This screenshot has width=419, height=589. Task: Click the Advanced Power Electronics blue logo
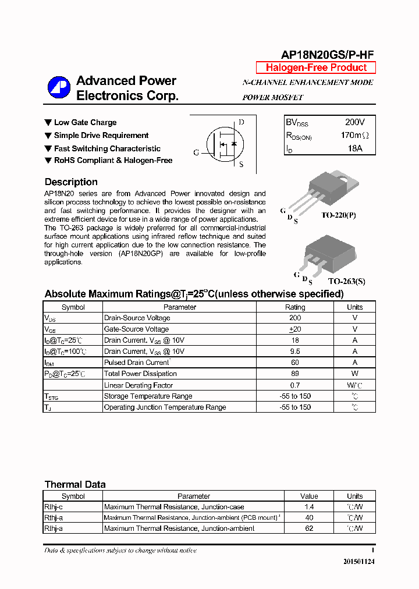pos(59,88)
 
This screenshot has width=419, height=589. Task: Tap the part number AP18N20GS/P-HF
pos(327,55)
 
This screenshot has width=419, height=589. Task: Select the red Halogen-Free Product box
pos(316,68)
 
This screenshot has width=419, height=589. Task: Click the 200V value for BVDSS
pos(354,123)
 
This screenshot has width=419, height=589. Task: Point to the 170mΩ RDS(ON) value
pos(354,136)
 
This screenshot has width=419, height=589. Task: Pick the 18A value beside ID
pos(354,148)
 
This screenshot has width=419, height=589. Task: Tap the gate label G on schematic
pos(196,152)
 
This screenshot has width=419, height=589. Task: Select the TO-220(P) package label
pos(338,215)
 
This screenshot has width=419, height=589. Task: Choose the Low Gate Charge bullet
pos(85,123)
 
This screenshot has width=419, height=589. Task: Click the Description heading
pos(71,182)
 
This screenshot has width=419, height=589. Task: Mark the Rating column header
pos(295,307)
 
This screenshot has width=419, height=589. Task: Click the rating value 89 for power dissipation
pos(295,374)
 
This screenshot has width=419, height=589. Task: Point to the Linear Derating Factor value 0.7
pos(295,385)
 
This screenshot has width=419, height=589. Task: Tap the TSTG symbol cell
pos(52,396)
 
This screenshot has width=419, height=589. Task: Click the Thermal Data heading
pos(75,484)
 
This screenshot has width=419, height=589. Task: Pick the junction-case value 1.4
pos(309,507)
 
